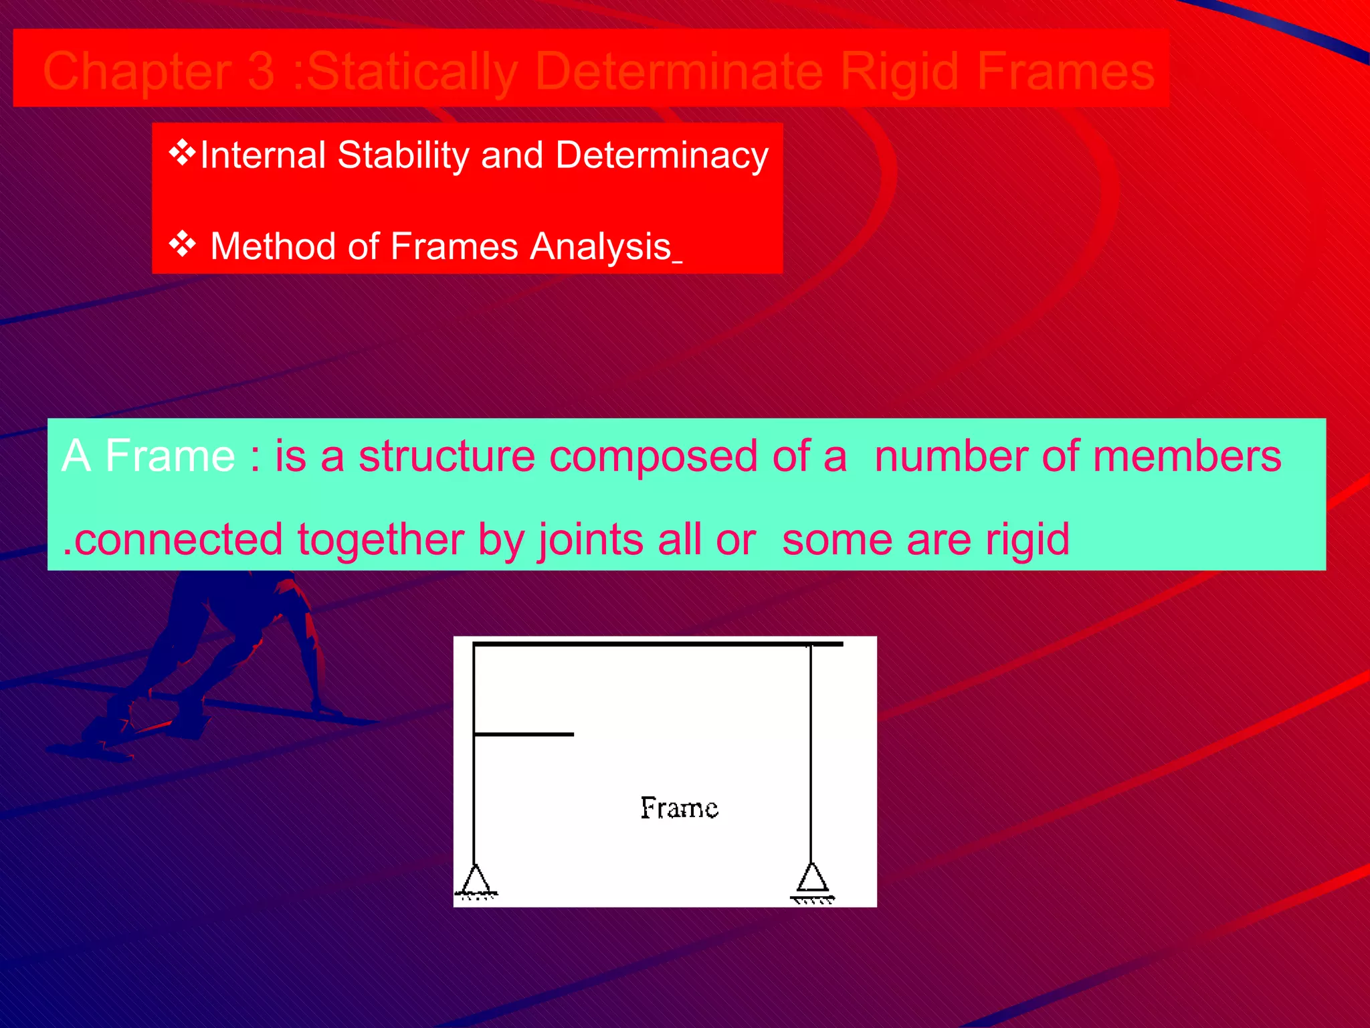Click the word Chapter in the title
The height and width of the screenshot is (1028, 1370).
pyautogui.click(x=137, y=72)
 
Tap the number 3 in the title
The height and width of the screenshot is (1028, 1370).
pyautogui.click(x=260, y=71)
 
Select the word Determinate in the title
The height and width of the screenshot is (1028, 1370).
pyautogui.click(x=678, y=71)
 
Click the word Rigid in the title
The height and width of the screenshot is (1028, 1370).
pyautogui.click(x=900, y=71)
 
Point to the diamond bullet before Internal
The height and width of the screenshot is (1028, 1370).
pyautogui.click(x=182, y=153)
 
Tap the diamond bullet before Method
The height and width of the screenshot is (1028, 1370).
pyautogui.click(x=182, y=244)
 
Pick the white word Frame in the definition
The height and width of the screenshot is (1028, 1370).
pyautogui.click(x=170, y=456)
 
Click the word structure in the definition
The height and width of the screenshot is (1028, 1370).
pyautogui.click(x=446, y=456)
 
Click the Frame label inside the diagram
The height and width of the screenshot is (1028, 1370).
pyautogui.click(x=679, y=808)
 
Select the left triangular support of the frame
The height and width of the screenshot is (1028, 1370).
pyautogui.click(x=475, y=879)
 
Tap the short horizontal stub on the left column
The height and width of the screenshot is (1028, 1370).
pyautogui.click(x=523, y=734)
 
